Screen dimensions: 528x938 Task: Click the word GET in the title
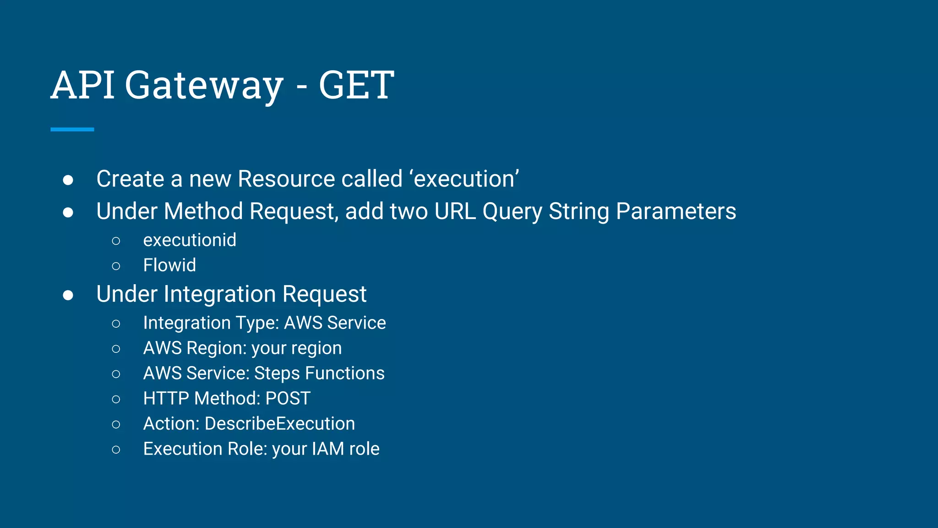pyautogui.click(x=356, y=85)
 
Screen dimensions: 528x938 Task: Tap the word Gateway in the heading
pyautogui.click(x=204, y=85)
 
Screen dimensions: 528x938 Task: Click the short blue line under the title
pyautogui.click(x=72, y=130)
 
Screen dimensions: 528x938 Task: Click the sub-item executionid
pyautogui.click(x=190, y=240)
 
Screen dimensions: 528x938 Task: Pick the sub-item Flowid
pyautogui.click(x=169, y=265)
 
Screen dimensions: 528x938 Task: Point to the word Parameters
pyautogui.click(x=676, y=211)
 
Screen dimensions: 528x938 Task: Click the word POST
pyautogui.click(x=288, y=398)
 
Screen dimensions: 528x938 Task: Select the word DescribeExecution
pyautogui.click(x=280, y=423)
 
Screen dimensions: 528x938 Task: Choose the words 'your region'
pyautogui.click(x=296, y=348)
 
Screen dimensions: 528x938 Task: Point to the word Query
pyautogui.click(x=512, y=211)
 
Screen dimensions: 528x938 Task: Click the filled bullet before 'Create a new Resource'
pyautogui.click(x=68, y=180)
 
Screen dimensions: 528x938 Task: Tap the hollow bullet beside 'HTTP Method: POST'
pyautogui.click(x=116, y=399)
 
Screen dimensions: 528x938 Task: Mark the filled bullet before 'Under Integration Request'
pyautogui.click(x=68, y=295)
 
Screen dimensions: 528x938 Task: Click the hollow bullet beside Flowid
pyautogui.click(x=116, y=266)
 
